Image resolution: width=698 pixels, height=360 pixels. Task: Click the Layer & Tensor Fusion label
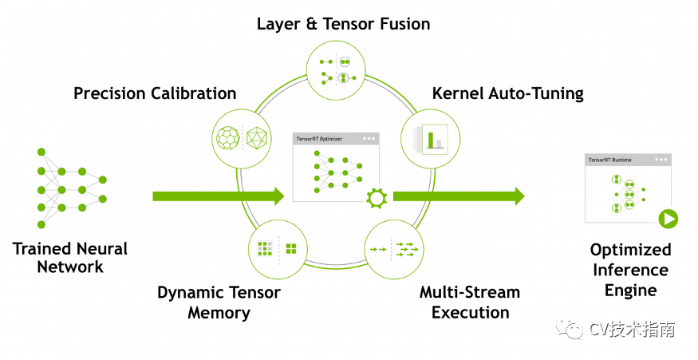343,24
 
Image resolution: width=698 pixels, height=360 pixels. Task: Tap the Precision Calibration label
155,93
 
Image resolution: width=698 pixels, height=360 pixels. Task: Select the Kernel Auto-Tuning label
507,93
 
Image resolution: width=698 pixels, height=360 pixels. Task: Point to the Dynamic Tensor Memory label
219,303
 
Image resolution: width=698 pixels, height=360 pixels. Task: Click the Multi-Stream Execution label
470,303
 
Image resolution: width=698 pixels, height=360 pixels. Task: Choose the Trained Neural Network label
70,258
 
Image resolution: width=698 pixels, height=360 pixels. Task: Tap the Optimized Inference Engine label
630,270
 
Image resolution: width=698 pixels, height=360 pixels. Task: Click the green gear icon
377,198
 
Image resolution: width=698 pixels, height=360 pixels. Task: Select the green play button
668,219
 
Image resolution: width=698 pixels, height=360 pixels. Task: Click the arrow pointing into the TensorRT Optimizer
218,196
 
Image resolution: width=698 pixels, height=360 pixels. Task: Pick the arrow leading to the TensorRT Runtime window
459,196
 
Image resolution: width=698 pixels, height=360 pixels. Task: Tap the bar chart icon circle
431,139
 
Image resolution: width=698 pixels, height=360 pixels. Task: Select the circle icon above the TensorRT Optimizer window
336,69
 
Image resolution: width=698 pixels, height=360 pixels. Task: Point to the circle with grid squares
278,249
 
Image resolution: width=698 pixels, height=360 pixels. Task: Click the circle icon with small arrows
394,249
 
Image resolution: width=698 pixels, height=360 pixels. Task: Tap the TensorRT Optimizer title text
319,139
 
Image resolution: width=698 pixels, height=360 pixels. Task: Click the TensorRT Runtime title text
610,160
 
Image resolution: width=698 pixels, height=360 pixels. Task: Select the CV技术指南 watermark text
632,329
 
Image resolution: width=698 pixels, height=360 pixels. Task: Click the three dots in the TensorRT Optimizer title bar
369,139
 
